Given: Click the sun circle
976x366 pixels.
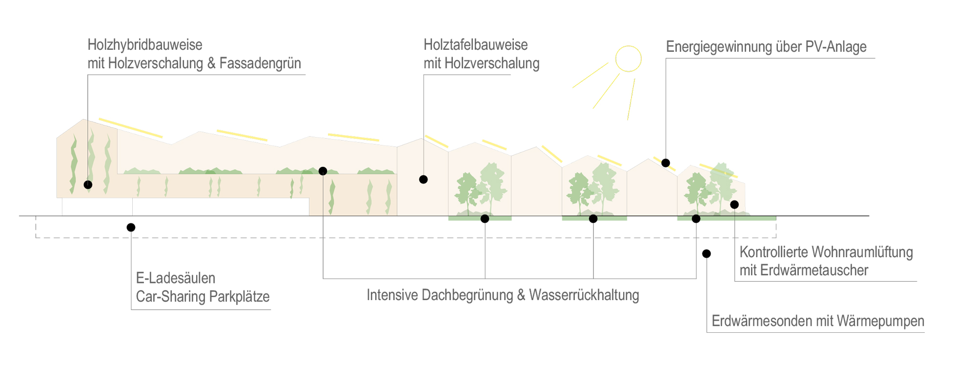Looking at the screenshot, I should pyautogui.click(x=628, y=59).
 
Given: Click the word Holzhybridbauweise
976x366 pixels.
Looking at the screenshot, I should pyautogui.click(x=145, y=45).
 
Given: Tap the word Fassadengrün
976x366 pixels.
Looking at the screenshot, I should pyautogui.click(x=260, y=63).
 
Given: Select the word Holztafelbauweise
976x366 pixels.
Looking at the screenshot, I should pyautogui.click(x=475, y=45).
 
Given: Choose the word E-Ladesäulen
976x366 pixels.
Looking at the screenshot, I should pyautogui.click(x=176, y=278).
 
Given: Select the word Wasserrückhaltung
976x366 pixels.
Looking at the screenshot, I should pyautogui.click(x=584, y=295).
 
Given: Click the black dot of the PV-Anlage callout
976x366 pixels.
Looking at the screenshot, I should pyautogui.click(x=666, y=163).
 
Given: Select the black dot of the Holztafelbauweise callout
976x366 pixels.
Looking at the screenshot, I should pyautogui.click(x=424, y=180).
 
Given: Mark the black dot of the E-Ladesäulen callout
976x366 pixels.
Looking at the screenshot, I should pyautogui.click(x=131, y=227).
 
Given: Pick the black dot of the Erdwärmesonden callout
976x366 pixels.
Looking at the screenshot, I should pyautogui.click(x=707, y=254).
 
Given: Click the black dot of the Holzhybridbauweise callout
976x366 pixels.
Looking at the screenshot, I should pyautogui.click(x=88, y=185).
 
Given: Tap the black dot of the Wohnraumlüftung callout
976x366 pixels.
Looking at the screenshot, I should pyautogui.click(x=734, y=204).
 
